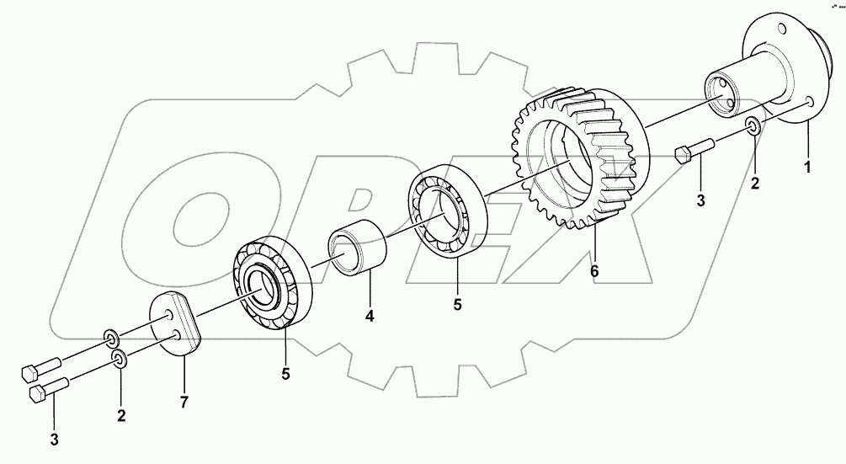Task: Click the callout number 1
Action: [807, 168]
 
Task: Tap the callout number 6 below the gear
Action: [595, 270]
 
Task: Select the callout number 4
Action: [369, 317]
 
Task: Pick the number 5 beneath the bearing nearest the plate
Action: [285, 373]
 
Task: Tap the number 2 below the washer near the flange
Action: [755, 182]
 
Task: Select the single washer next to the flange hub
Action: [754, 127]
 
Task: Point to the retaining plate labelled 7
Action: [178, 324]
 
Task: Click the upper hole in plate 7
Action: [171, 314]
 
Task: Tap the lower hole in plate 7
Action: [178, 336]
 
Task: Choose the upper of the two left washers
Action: [110, 339]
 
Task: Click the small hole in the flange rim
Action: [809, 102]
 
